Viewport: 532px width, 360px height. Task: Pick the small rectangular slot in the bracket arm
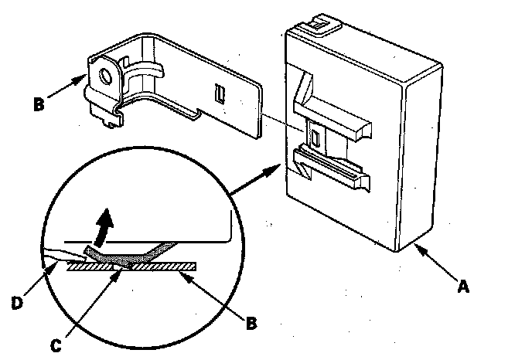tap(220, 94)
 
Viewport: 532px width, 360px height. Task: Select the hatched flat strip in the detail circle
tap(131, 267)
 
